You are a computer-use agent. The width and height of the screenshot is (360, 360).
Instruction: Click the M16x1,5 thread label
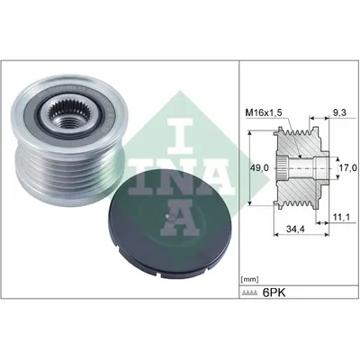tap(264, 112)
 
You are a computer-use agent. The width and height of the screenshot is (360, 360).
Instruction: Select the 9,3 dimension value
tap(340, 112)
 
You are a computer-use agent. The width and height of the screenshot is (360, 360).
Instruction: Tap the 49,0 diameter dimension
tap(261, 168)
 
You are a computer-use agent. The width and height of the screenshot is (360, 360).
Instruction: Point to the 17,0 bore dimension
tap(349, 167)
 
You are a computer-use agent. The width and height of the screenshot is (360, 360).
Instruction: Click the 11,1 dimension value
tap(341, 217)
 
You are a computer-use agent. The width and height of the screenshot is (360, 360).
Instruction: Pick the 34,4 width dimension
tap(295, 229)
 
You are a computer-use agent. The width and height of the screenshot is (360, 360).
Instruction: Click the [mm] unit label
tap(249, 280)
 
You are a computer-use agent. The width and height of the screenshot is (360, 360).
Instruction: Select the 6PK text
tap(274, 292)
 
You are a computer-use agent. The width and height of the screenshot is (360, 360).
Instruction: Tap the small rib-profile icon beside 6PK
tap(249, 293)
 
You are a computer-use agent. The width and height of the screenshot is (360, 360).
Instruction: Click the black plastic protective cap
tap(169, 223)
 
